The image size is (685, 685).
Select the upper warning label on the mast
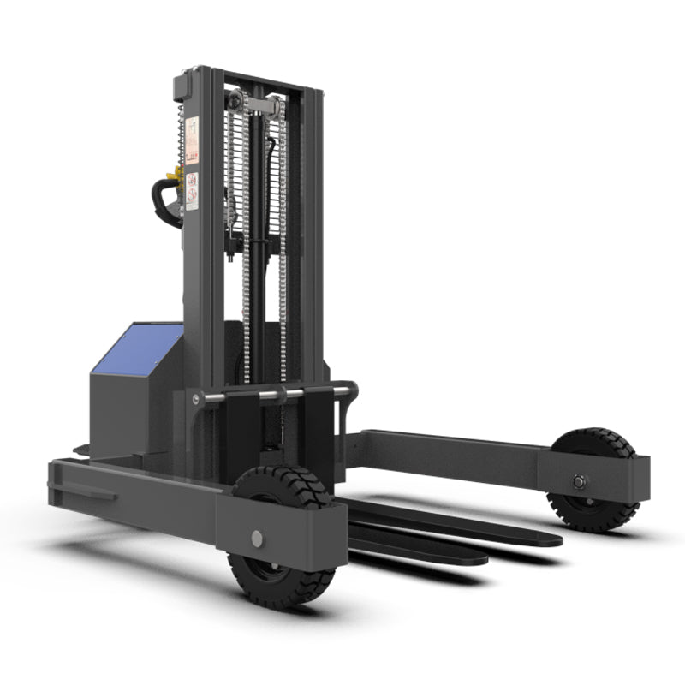[192, 140]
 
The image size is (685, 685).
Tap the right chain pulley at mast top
[272, 108]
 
